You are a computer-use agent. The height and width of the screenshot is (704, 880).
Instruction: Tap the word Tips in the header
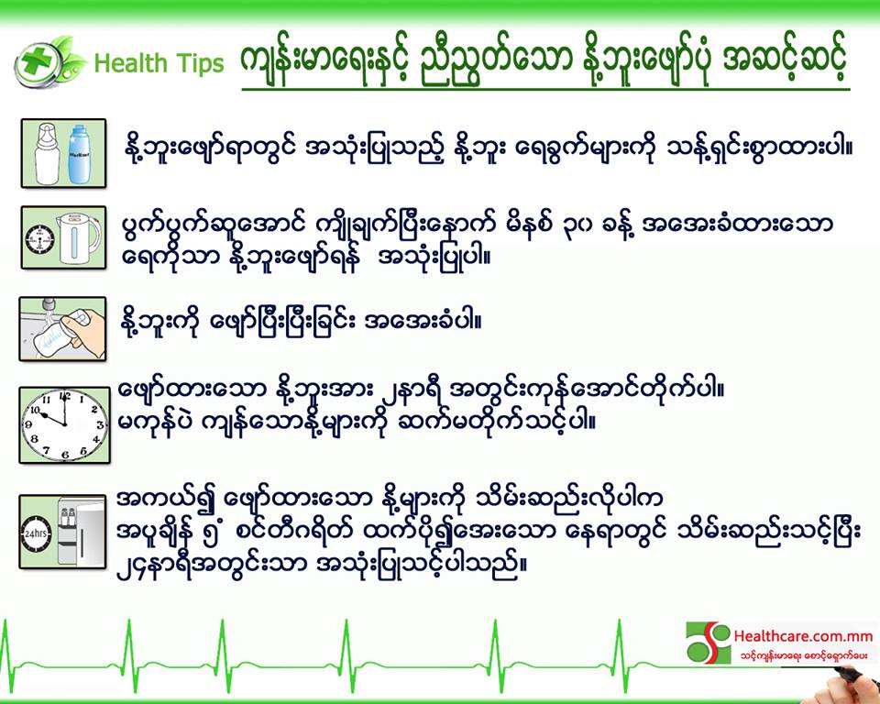[x=200, y=64]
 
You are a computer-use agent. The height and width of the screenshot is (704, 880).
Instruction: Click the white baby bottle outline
[x=47, y=153]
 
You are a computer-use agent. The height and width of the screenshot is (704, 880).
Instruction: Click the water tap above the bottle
[x=49, y=306]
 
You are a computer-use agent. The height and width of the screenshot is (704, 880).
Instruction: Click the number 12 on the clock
[x=66, y=396]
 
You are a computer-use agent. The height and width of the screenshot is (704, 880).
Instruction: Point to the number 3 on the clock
[x=101, y=425]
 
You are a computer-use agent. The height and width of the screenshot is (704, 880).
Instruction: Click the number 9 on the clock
[x=28, y=425]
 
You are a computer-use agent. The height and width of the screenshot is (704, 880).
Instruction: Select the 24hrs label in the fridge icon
[x=36, y=533]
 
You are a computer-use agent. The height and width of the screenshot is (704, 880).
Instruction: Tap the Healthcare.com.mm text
[x=803, y=637]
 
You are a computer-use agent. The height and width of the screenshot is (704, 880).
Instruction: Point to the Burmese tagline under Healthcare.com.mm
[x=803, y=655]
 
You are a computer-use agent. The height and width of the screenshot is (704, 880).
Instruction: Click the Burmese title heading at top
[x=544, y=62]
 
